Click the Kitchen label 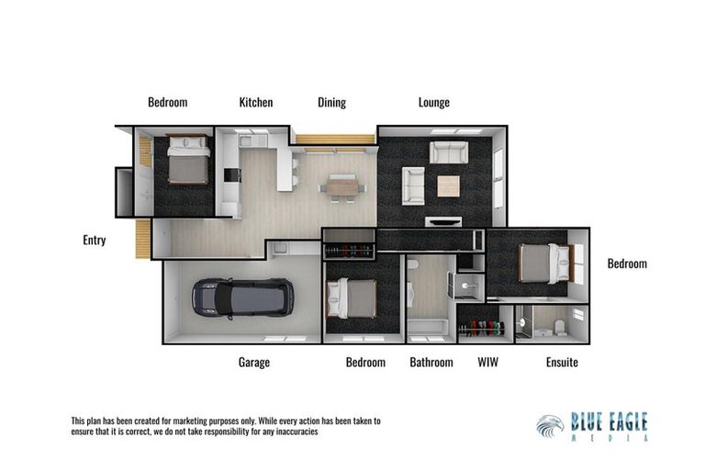tap(256, 103)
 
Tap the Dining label tap(331, 103)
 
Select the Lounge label tap(433, 103)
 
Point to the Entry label tap(95, 241)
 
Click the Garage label tap(254, 363)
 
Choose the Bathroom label tap(431, 363)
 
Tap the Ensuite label tap(562, 363)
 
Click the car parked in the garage tap(242, 297)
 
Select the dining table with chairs tap(342, 187)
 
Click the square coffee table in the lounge tap(448, 185)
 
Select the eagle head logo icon tap(550, 427)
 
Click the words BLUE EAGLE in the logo tap(609, 422)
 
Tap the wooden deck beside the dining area tap(334, 140)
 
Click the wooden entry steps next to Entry tap(143, 240)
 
